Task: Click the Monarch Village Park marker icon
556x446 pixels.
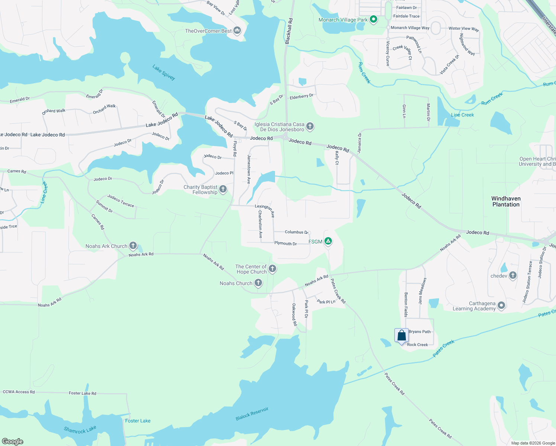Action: (374, 20)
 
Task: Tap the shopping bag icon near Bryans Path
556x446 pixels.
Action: (401, 336)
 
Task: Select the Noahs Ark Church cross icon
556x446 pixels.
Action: (133, 246)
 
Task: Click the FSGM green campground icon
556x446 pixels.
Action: (328, 241)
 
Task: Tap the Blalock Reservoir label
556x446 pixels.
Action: (252, 414)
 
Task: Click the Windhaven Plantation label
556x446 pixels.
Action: (506, 201)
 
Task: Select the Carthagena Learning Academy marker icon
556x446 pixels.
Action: (501, 306)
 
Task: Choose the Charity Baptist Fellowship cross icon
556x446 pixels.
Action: (223, 189)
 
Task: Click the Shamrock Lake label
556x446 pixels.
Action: (80, 430)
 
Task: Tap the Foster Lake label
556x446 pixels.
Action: (138, 421)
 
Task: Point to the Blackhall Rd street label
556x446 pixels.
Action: (289, 31)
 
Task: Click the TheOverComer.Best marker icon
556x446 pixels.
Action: (237, 30)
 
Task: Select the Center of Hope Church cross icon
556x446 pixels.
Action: (272, 269)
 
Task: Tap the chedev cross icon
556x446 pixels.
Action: (513, 275)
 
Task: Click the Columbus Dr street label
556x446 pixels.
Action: (296, 232)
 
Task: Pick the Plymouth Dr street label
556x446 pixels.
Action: (285, 243)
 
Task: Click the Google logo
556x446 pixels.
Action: (13, 442)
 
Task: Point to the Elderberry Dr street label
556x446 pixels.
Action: (301, 96)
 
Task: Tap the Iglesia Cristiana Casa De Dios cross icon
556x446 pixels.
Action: (310, 126)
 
